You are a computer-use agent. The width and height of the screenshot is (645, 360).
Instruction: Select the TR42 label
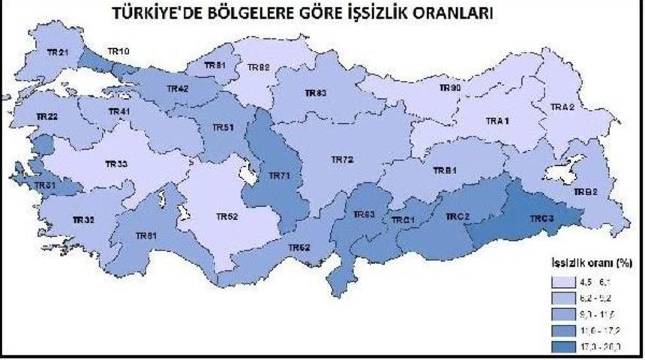[x=177, y=88]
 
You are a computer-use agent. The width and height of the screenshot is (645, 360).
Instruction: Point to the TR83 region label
[x=315, y=93]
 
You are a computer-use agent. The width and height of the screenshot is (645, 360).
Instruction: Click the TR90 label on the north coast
[x=450, y=88]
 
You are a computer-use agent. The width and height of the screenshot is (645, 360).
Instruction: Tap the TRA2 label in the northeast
[x=562, y=107]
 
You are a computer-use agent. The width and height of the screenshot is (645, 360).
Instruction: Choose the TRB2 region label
[x=586, y=191]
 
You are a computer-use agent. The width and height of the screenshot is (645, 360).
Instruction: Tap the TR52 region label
[x=226, y=217]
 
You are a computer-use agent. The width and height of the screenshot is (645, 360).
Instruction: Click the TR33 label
[x=116, y=163]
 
